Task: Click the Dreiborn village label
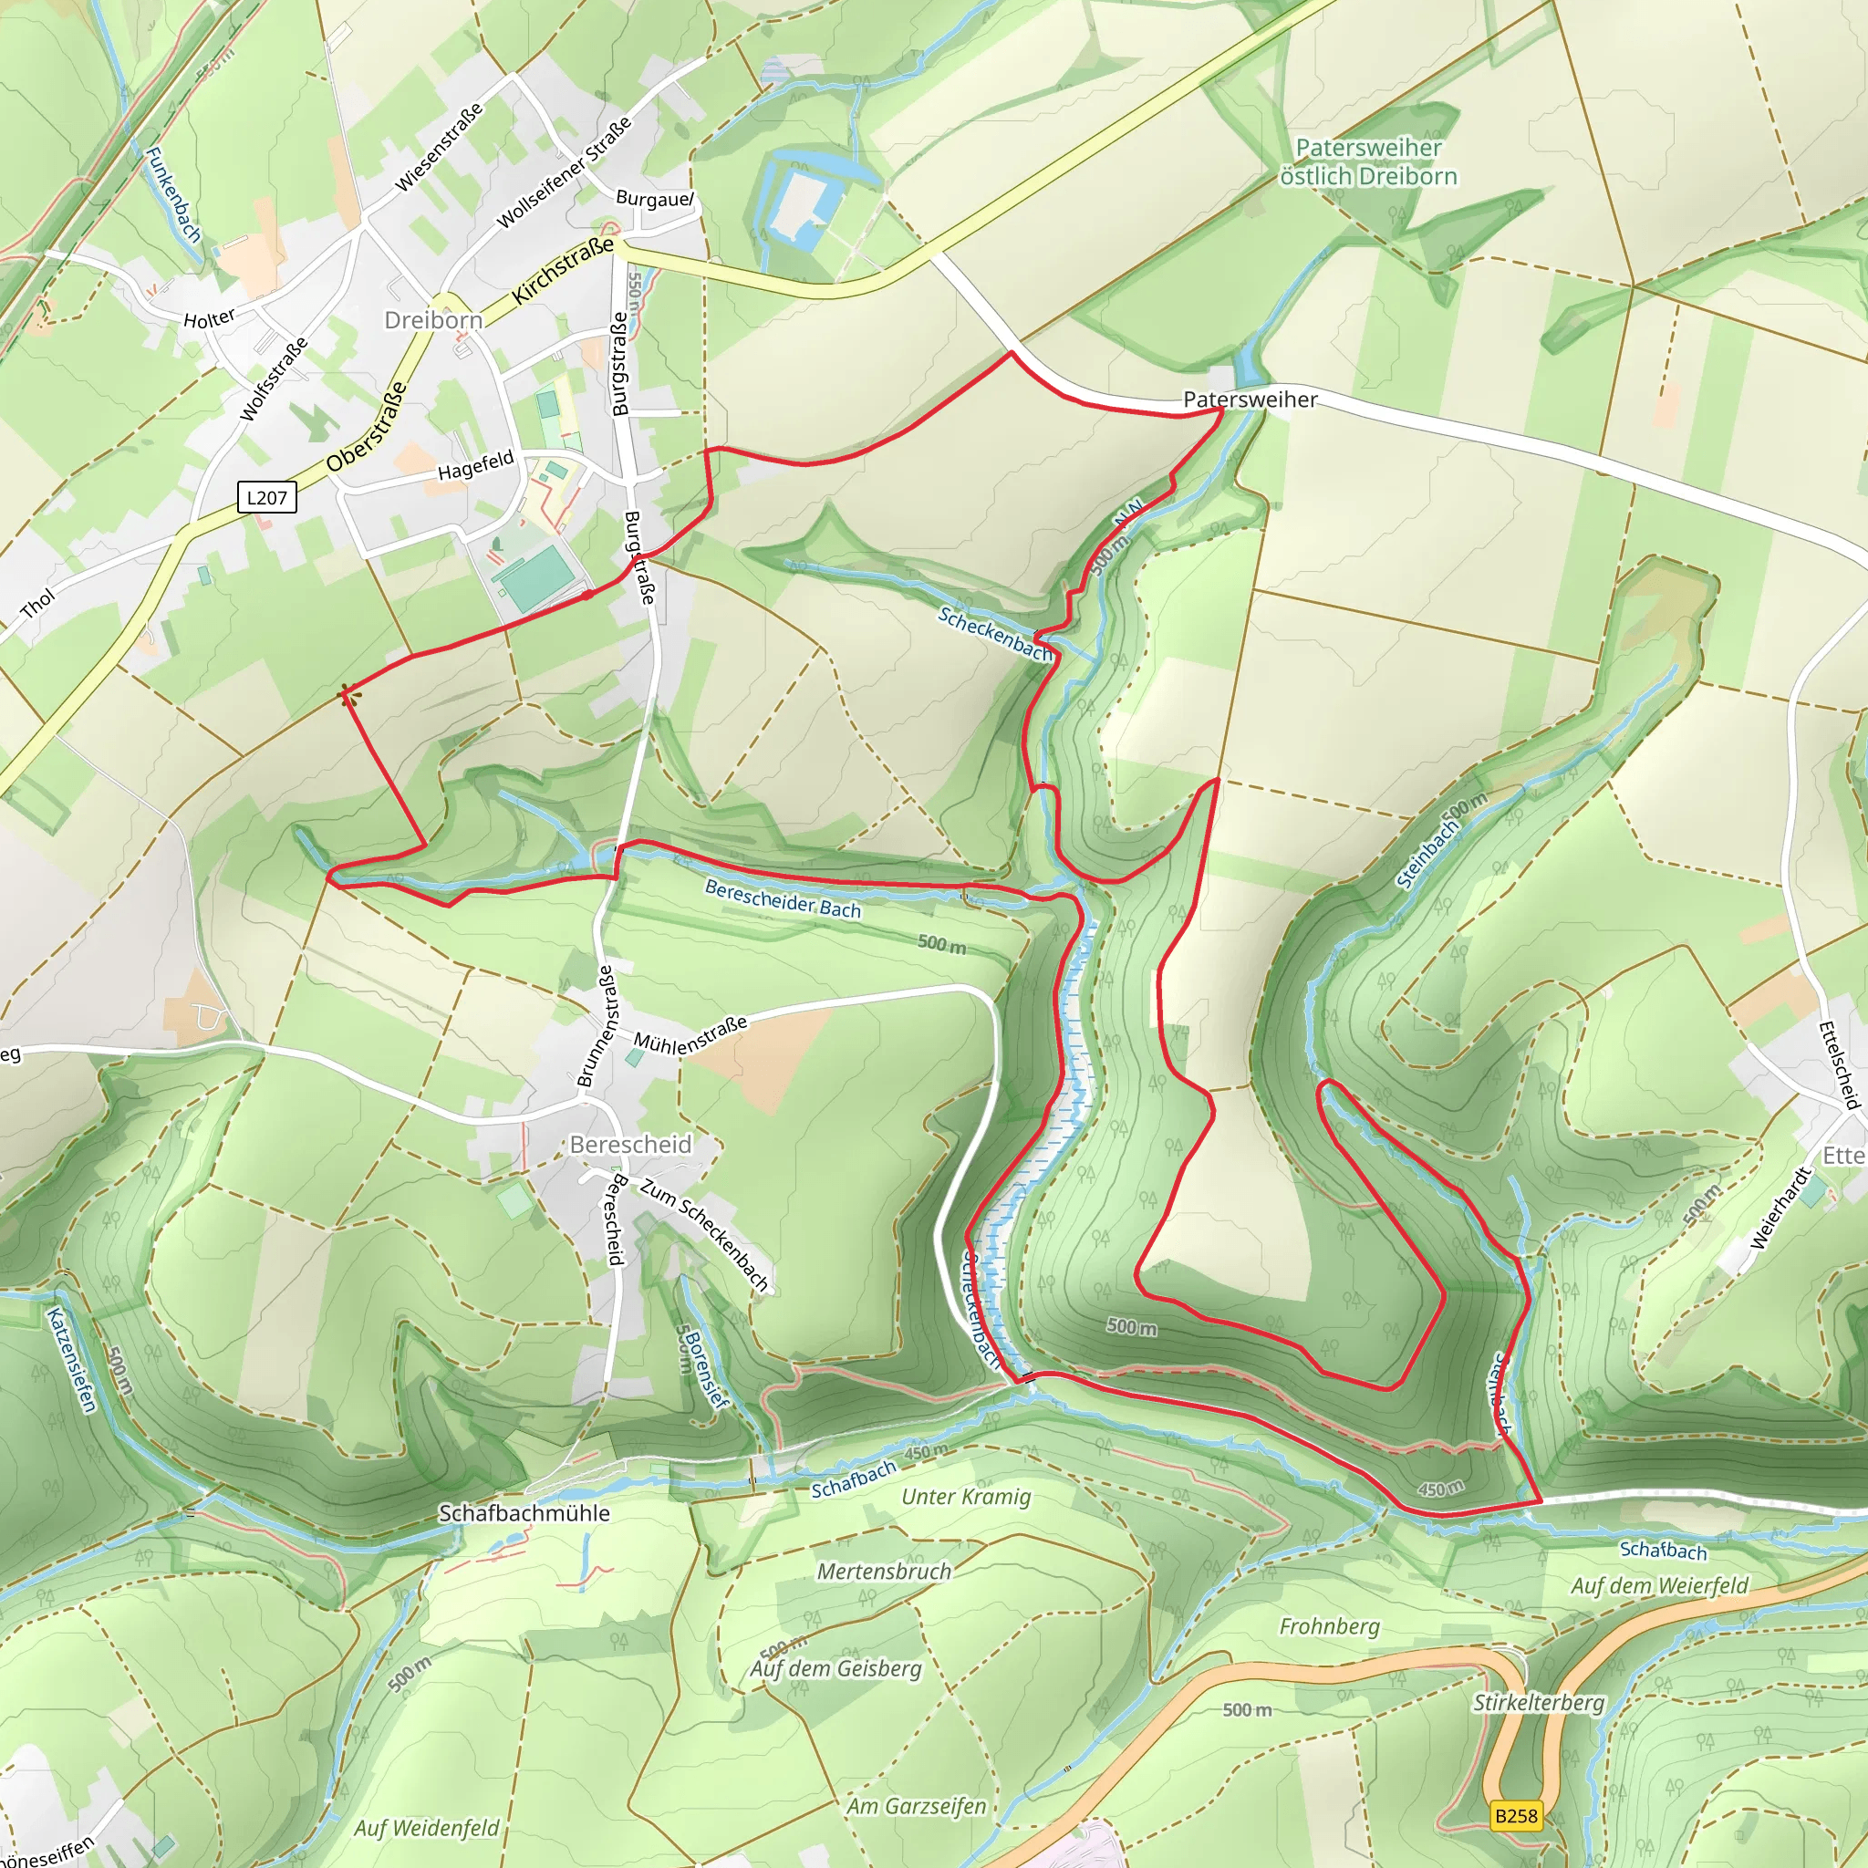pyautogui.click(x=433, y=320)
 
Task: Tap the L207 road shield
pyautogui.click(x=267, y=498)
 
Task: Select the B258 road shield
pyautogui.click(x=1515, y=1816)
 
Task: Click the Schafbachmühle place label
pyautogui.click(x=524, y=1513)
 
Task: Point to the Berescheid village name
pyautogui.click(x=630, y=1145)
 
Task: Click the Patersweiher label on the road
pyautogui.click(x=1251, y=400)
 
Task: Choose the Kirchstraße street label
pyautogui.click(x=563, y=271)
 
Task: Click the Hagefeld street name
pyautogui.click(x=476, y=466)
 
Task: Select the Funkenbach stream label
pyautogui.click(x=173, y=194)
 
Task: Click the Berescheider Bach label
pyautogui.click(x=783, y=898)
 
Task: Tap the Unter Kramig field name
pyautogui.click(x=966, y=1497)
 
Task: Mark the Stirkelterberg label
pyautogui.click(x=1539, y=1703)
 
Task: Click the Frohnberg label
pyautogui.click(x=1330, y=1626)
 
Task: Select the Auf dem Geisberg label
pyautogui.click(x=836, y=1669)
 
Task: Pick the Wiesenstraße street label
pyautogui.click(x=439, y=148)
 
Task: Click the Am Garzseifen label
pyautogui.click(x=917, y=1806)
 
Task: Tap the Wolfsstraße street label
pyautogui.click(x=274, y=379)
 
